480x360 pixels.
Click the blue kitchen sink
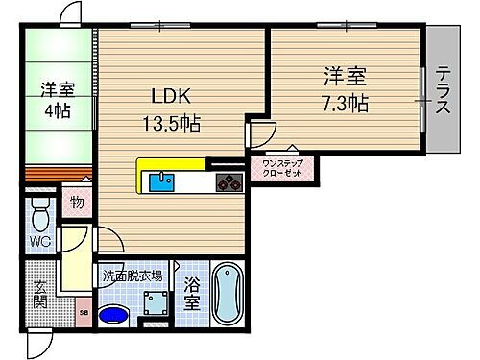pos(164,180)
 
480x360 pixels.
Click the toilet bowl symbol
pos(40,212)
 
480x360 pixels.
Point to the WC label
pos(39,240)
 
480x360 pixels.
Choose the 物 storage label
pos(77,204)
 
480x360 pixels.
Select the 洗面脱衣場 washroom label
pos(132,276)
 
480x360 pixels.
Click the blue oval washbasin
pos(113,315)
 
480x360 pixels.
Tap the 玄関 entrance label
pos(40,293)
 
